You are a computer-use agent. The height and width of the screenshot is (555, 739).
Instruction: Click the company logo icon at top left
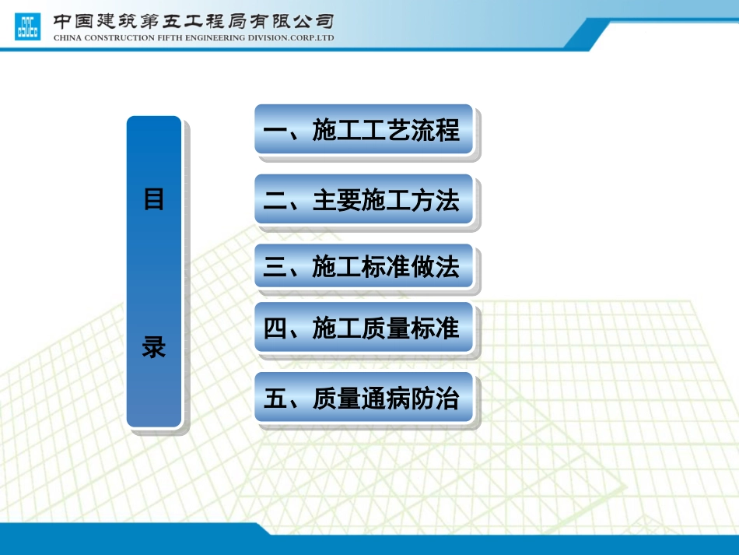pyautogui.click(x=28, y=26)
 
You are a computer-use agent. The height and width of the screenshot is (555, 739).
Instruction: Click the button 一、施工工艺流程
pyautogui.click(x=363, y=130)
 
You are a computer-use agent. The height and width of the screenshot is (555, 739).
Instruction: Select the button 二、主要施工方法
pyautogui.click(x=363, y=200)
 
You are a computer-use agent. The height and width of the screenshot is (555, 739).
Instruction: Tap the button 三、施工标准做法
pyautogui.click(x=363, y=268)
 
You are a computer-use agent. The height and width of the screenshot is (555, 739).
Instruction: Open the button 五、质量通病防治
pyautogui.click(x=363, y=399)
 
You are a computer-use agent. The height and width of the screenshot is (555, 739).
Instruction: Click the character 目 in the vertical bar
pyautogui.click(x=154, y=199)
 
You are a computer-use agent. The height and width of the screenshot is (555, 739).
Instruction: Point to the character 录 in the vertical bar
pyautogui.click(x=154, y=347)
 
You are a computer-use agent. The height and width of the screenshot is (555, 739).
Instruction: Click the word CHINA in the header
pyautogui.click(x=68, y=37)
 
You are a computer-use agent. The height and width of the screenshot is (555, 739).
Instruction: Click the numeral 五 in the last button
pyautogui.click(x=275, y=399)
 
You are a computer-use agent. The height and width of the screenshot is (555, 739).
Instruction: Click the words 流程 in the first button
pyautogui.click(x=436, y=130)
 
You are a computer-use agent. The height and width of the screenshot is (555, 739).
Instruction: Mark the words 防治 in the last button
pyautogui.click(x=436, y=399)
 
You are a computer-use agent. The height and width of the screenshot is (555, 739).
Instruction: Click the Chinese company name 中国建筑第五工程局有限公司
pyautogui.click(x=194, y=20)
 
